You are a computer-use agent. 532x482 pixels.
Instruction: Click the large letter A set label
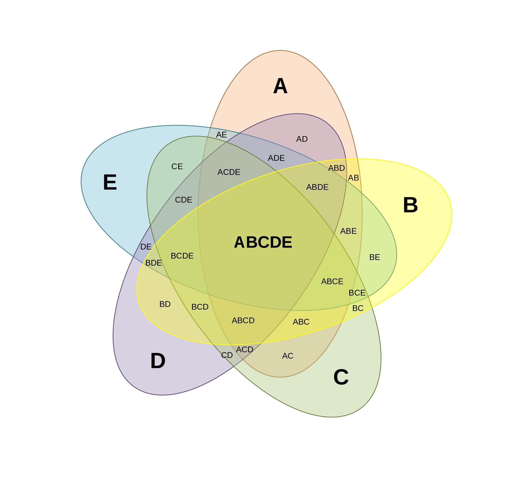point(280,86)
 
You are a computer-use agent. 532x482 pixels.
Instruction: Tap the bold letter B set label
point(410,205)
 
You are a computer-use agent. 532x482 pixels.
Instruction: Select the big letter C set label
point(341,377)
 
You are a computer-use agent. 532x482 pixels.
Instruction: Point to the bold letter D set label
point(158,361)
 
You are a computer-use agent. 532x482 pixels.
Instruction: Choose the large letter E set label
point(110,182)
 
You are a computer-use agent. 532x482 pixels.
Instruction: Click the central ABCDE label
point(263,242)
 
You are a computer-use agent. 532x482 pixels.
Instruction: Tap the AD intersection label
point(302,139)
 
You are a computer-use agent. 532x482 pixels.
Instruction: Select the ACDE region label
point(229,172)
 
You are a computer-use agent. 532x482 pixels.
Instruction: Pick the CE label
point(177,167)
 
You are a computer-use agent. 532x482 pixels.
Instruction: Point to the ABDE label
point(317,187)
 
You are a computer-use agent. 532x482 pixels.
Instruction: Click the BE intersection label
point(375,257)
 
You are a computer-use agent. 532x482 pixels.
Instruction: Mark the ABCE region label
point(332,281)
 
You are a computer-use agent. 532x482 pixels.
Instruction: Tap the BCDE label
point(182,256)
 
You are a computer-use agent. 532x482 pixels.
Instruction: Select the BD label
point(165,304)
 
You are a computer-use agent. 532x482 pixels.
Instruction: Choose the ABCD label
point(243,320)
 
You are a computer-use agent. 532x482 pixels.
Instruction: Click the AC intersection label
point(288,356)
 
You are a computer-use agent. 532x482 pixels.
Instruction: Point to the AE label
point(221,135)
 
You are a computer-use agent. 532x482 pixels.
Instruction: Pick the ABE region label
point(348,231)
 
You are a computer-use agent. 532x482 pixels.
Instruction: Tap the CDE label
point(183,200)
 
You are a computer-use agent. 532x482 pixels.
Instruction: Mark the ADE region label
point(276,158)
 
